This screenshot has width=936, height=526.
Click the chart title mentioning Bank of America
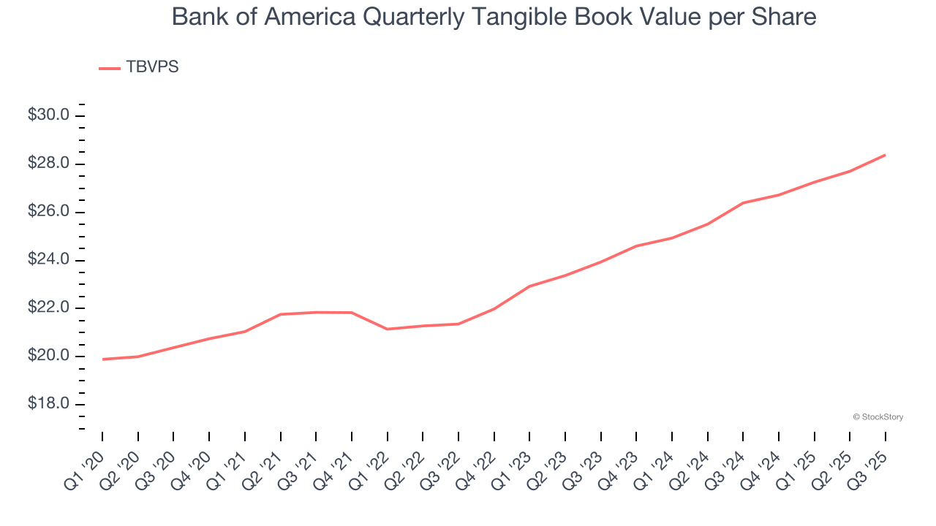click(494, 16)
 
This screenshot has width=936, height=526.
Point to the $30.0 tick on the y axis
click(48, 115)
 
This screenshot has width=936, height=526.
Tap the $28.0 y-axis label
click(48, 164)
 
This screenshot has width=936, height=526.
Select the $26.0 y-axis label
click(48, 212)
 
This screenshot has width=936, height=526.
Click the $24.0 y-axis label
click(48, 260)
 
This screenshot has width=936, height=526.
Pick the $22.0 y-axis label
click(48, 308)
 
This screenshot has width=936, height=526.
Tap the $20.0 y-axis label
click(48, 357)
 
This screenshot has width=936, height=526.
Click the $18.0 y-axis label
click(48, 405)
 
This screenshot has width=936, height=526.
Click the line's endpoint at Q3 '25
click(886, 155)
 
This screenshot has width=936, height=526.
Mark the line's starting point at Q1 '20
click(103, 359)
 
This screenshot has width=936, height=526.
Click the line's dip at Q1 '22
click(388, 329)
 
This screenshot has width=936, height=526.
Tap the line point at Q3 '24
click(743, 202)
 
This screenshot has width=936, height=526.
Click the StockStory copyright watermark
click(877, 417)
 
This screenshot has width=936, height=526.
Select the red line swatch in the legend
click(110, 68)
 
